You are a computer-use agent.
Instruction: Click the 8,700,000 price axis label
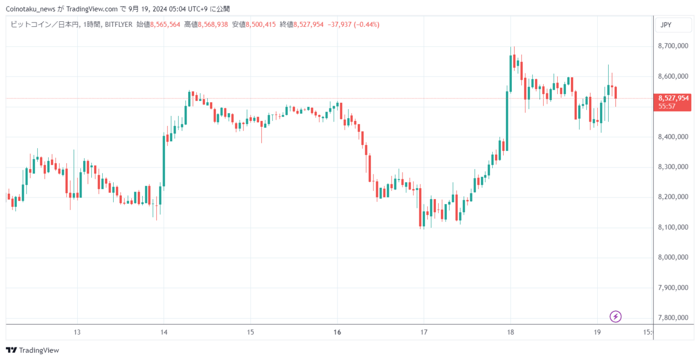tap(673, 46)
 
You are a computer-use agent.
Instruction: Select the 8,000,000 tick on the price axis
tap(673, 257)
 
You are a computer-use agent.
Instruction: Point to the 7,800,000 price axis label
tap(673, 317)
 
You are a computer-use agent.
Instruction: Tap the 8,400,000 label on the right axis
tap(673, 137)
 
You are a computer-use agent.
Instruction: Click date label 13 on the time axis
tap(77, 332)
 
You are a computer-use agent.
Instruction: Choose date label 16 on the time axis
tap(337, 332)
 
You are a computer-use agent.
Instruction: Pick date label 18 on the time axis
tap(510, 332)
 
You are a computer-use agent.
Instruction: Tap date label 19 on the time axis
tap(597, 332)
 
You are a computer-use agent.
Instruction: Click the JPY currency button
tap(673, 25)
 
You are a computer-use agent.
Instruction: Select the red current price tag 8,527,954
tap(673, 98)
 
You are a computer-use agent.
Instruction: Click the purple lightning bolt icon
tap(616, 317)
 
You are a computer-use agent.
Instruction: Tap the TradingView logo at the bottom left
tap(32, 350)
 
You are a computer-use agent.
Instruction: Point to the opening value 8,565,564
tap(165, 25)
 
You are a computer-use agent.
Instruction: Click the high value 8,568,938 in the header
tap(213, 25)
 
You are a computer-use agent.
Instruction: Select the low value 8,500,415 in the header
tap(261, 25)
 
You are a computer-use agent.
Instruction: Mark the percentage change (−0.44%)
tap(366, 25)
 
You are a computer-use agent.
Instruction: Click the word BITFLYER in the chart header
tap(119, 25)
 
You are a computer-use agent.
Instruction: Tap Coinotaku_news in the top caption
tap(31, 9)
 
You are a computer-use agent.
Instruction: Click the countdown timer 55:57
tap(667, 106)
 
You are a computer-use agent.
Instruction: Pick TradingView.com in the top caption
tap(92, 9)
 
